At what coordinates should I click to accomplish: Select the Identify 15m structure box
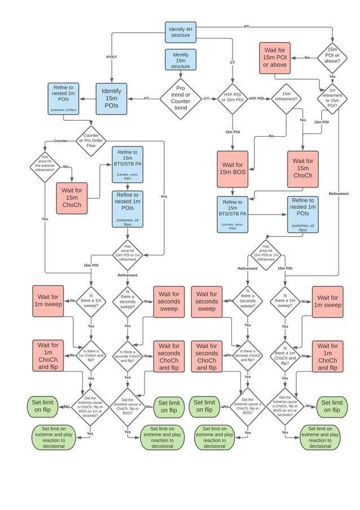[x=181, y=60]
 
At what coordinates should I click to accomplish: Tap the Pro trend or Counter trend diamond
[x=181, y=98]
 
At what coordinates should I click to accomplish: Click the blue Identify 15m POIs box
[x=111, y=98]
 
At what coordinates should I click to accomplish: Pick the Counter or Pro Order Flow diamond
[x=91, y=140]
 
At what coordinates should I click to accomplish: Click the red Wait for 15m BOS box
[x=232, y=169]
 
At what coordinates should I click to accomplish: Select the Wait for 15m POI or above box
[x=275, y=58]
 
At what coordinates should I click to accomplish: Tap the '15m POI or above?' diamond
[x=332, y=58]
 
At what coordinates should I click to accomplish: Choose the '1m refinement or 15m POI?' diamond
[x=332, y=97]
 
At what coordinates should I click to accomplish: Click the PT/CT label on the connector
[x=112, y=57]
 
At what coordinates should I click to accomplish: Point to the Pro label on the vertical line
[x=164, y=197]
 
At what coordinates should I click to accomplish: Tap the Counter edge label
[x=60, y=140]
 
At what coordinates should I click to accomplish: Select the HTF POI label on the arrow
[x=257, y=98]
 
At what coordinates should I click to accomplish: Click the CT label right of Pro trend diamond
[x=207, y=98]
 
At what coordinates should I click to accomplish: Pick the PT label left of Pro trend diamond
[x=146, y=98]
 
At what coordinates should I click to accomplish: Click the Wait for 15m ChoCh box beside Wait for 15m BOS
[x=302, y=169]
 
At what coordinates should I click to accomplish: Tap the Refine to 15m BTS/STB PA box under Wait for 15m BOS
[x=232, y=214]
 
